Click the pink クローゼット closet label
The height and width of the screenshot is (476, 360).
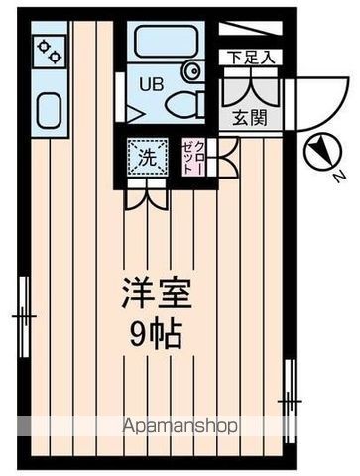(x=193, y=156)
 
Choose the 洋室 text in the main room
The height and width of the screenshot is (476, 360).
(x=156, y=294)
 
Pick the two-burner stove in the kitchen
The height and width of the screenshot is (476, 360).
(x=49, y=50)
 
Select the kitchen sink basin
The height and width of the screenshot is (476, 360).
(x=49, y=108)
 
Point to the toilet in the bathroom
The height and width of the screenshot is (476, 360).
(x=183, y=102)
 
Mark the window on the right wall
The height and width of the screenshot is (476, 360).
(x=291, y=397)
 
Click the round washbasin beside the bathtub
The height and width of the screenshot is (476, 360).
(x=191, y=71)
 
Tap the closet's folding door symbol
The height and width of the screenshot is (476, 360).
(x=226, y=154)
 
